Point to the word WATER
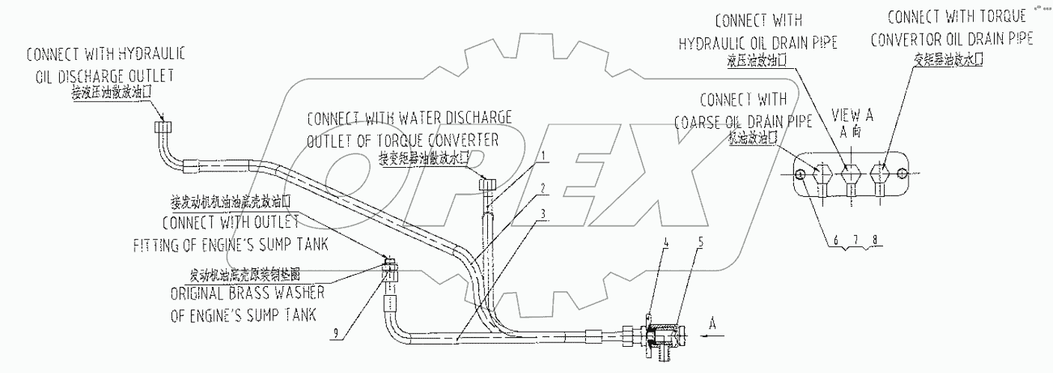[418, 118]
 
